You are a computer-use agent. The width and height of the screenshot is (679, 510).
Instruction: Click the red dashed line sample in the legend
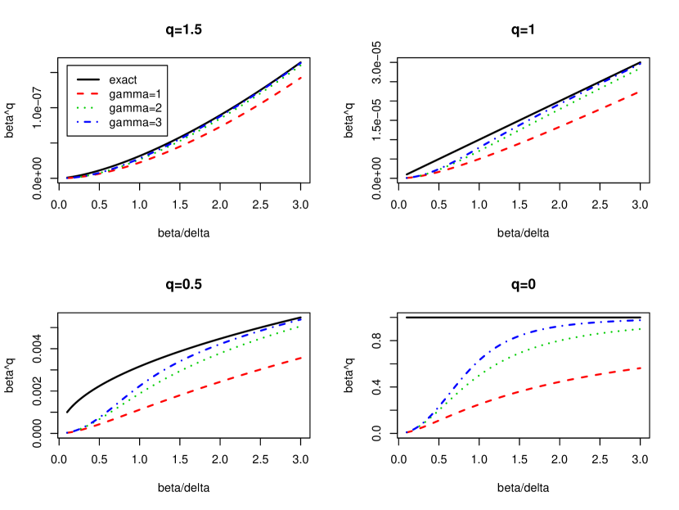(87, 94)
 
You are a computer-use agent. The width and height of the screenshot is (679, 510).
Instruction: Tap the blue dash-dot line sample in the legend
(87, 122)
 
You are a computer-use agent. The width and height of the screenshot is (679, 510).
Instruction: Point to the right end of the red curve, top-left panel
(303, 78)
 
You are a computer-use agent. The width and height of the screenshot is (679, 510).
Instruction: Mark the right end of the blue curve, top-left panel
(303, 63)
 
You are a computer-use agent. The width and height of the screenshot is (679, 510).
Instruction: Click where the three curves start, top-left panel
(67, 178)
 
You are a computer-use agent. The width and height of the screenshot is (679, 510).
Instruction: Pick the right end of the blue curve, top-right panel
(641, 63)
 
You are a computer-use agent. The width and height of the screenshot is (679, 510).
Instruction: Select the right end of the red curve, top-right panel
(641, 92)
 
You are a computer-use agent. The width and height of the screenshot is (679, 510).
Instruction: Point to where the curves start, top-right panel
(407, 178)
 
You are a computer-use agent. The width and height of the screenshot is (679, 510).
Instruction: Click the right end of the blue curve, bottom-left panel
(303, 318)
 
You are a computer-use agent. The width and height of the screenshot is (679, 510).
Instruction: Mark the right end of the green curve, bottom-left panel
(303, 326)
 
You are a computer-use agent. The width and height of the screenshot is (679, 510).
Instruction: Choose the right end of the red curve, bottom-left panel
(303, 357)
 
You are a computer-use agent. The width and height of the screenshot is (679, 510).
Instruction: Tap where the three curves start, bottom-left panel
(67, 432)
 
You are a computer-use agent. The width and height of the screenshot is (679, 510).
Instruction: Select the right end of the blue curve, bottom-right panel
(641, 320)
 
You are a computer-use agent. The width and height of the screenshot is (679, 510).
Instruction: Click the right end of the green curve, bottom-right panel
(641, 329)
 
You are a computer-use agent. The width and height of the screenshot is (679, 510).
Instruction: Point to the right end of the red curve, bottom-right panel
(641, 368)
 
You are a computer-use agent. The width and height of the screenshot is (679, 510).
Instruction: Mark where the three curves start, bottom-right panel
(407, 432)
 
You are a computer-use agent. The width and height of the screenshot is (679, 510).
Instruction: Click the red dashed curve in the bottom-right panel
(524, 388)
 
